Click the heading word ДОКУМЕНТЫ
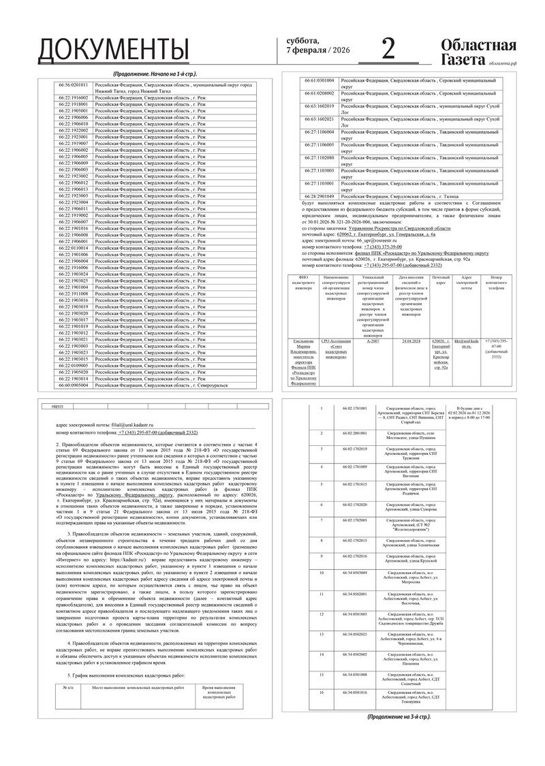pos(113,50)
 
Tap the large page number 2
pos(388,49)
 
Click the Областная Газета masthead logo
pos(478,52)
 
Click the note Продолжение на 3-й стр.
pos(398,717)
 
